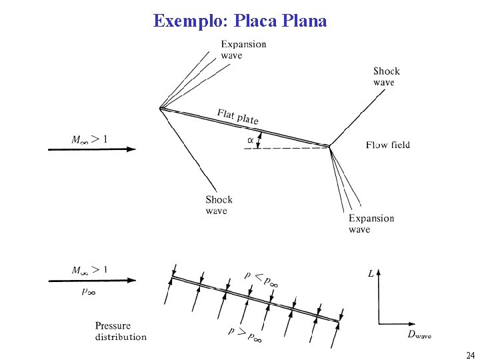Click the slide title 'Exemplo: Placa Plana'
pyautogui.click(x=240, y=21)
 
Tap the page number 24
pyautogui.click(x=471, y=355)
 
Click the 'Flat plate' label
pyautogui.click(x=237, y=116)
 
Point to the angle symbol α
pyautogui.click(x=250, y=140)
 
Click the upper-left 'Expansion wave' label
pyautogui.click(x=243, y=50)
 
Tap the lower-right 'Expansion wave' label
pyautogui.click(x=371, y=224)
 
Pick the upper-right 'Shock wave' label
pyautogui.click(x=387, y=77)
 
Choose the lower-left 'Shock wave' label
pyautogui.click(x=219, y=205)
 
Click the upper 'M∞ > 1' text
pyautogui.click(x=89, y=139)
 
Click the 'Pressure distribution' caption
pyautogui.click(x=121, y=331)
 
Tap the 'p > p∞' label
pyautogui.click(x=245, y=334)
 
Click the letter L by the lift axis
pyautogui.click(x=371, y=273)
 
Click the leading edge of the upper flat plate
pyautogui.click(x=161, y=107)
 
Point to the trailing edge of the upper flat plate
pyautogui.click(x=330, y=146)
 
